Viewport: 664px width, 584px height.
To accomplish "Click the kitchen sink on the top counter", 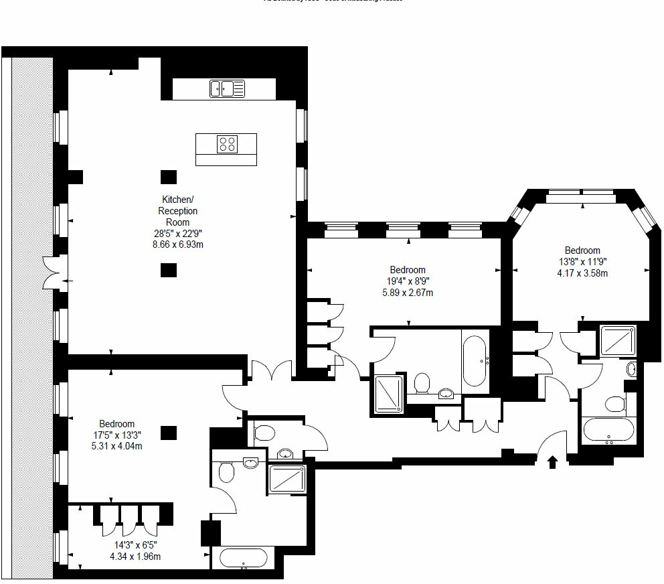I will tap(227, 88).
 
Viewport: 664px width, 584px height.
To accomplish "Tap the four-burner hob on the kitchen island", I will tap(227, 144).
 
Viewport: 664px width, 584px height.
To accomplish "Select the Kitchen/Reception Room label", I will tap(177, 210).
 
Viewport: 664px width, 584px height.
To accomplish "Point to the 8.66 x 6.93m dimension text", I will tap(177, 244).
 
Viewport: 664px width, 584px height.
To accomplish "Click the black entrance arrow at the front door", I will tap(552, 462).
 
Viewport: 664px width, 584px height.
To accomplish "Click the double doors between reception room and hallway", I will tap(272, 370).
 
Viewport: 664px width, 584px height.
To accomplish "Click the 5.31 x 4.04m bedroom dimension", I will tap(116, 446).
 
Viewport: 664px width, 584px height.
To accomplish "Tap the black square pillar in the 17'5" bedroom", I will tap(169, 433).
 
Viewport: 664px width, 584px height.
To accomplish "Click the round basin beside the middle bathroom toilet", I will tap(446, 393).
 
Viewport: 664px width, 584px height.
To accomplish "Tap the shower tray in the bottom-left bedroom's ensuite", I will tap(286, 480).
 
